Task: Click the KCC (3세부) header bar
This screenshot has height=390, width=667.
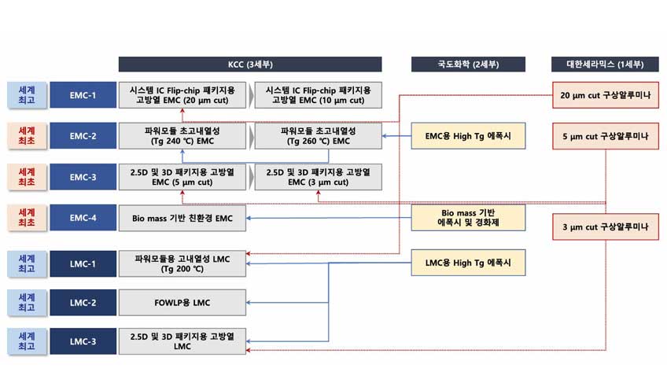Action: click(x=250, y=64)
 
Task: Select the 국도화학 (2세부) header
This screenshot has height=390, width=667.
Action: click(x=468, y=64)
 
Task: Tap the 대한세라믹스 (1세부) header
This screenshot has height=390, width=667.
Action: click(x=606, y=64)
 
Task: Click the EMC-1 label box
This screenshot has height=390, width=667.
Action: click(x=83, y=95)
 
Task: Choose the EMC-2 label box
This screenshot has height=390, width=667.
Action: click(x=83, y=136)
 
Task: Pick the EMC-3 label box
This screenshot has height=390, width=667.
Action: click(x=83, y=177)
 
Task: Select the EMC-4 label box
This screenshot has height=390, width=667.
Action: click(x=83, y=218)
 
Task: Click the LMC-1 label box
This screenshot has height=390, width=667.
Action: click(x=83, y=263)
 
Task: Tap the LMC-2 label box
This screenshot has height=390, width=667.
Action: click(x=83, y=302)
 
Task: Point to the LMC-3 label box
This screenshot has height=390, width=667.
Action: click(x=83, y=341)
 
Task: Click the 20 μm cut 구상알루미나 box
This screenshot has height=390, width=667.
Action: click(x=606, y=95)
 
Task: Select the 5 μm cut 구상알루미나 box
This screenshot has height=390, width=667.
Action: click(x=606, y=136)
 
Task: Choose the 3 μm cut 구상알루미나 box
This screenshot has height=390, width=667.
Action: click(x=606, y=227)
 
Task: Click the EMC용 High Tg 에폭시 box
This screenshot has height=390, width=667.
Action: click(x=468, y=136)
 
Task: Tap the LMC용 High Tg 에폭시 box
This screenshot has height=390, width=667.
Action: click(x=468, y=263)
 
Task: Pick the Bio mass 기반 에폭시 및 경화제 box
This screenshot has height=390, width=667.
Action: click(x=468, y=218)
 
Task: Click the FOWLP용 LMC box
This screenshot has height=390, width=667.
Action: click(x=182, y=302)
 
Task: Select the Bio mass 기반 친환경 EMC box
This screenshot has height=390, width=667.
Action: click(x=182, y=218)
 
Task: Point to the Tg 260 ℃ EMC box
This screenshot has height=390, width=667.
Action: click(x=319, y=136)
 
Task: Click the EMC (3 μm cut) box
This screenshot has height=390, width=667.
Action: click(x=319, y=177)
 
